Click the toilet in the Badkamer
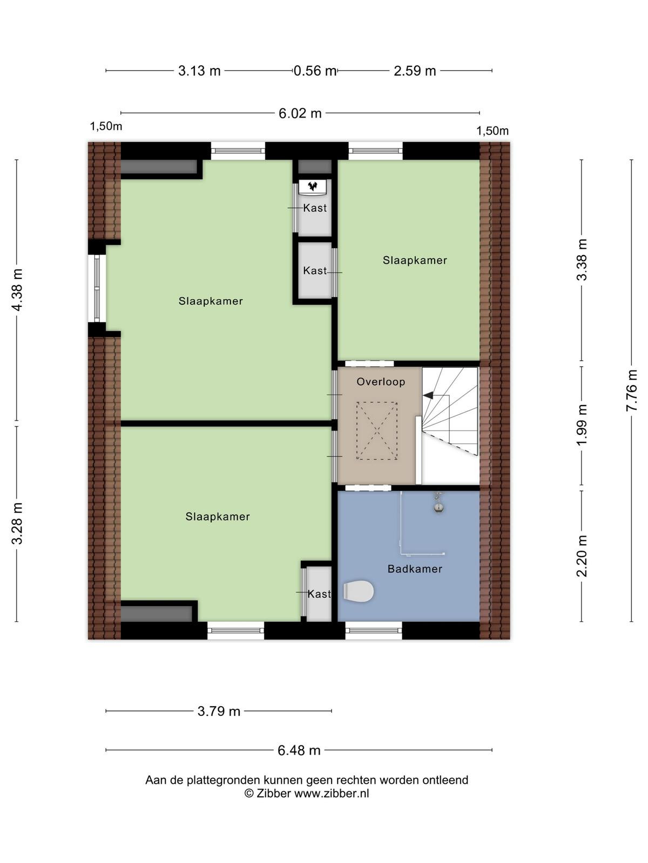[358, 591]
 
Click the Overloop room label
[381, 382]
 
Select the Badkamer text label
[415, 569]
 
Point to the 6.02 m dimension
[300, 114]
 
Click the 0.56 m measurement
[315, 71]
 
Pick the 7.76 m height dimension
[631, 390]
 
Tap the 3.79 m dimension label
[219, 711]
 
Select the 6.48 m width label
[299, 751]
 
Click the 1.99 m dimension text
[581, 424]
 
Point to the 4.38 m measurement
[17, 290]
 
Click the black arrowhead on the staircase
[428, 395]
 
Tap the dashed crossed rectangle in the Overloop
[377, 430]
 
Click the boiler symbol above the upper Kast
[313, 187]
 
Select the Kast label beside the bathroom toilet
[319, 594]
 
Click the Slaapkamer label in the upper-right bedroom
[415, 261]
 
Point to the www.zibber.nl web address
[332, 794]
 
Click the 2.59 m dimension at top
[415, 71]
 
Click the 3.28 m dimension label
[17, 523]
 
